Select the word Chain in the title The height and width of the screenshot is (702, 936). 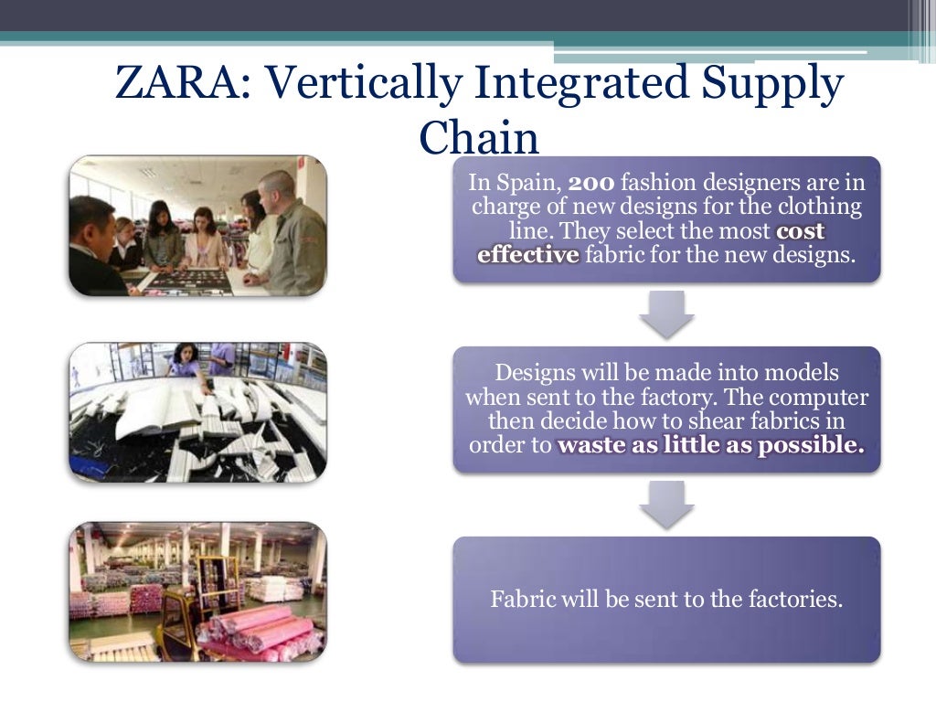point(479,138)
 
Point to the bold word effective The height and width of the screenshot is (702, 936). point(528,254)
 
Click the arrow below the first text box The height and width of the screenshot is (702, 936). point(666,314)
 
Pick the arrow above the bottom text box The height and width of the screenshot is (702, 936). point(666,504)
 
